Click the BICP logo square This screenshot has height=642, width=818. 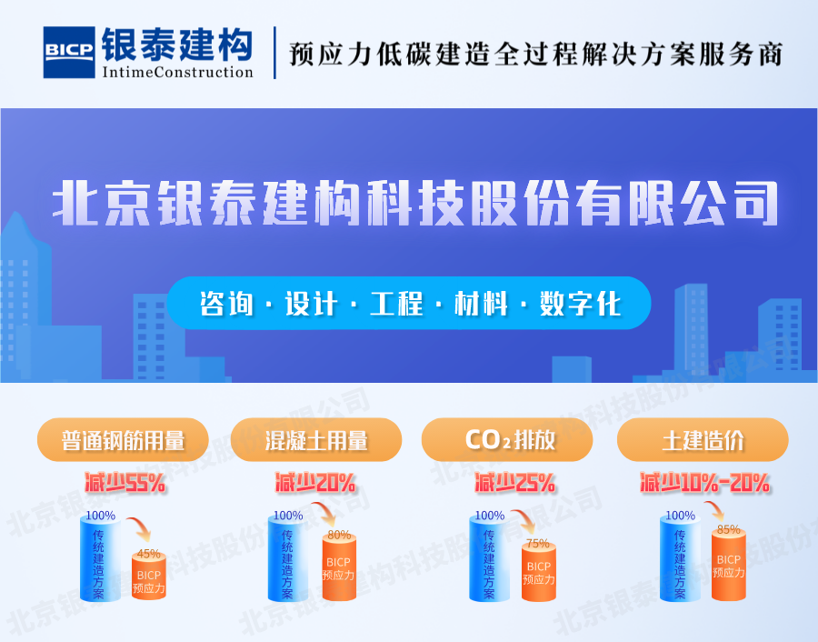[x=70, y=53]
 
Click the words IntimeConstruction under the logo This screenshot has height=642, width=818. [x=177, y=72]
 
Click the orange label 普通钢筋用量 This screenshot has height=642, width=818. [x=124, y=441]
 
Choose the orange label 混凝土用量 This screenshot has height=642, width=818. [x=316, y=441]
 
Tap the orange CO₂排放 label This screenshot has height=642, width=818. [x=508, y=441]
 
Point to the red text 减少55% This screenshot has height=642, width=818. [x=125, y=483]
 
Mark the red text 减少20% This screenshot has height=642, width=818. [x=315, y=483]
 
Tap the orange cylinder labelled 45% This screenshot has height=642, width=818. [x=148, y=575]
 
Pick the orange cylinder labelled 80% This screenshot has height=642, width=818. [x=338, y=568]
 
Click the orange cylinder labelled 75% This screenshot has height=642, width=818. [x=538, y=573]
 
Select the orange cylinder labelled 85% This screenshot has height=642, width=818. [x=729, y=566]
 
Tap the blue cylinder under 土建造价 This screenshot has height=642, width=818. [x=680, y=557]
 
